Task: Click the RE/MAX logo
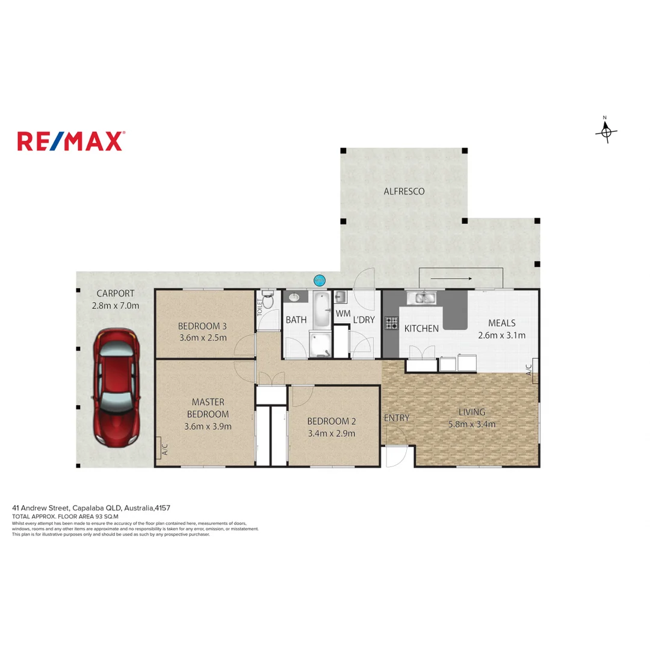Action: [x=70, y=141]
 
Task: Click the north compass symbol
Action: [x=606, y=131]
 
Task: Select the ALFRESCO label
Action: [x=404, y=191]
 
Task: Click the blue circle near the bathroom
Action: [x=320, y=280]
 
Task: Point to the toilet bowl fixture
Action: [x=268, y=301]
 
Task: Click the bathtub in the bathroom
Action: [x=321, y=309]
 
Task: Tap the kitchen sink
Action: [x=424, y=297]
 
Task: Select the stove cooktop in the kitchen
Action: [x=391, y=323]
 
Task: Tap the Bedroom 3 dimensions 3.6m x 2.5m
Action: [x=203, y=338]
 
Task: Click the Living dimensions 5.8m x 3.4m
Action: [x=471, y=424]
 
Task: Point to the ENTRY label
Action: [x=396, y=418]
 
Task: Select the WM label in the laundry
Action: [x=342, y=314]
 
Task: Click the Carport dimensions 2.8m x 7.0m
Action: [x=115, y=305]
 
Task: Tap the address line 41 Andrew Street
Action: [x=94, y=508]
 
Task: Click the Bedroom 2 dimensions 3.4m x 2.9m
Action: [x=331, y=433]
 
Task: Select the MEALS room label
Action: [x=501, y=323]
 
